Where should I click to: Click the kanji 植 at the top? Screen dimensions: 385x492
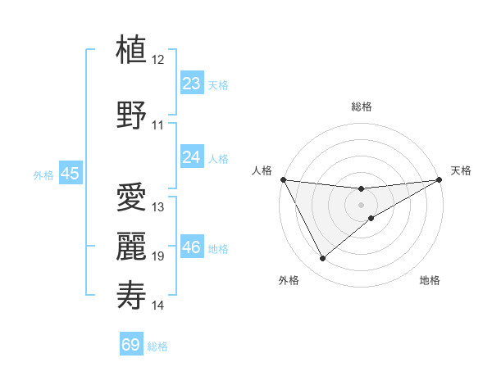(132, 49)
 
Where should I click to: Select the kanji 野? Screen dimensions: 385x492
(132, 114)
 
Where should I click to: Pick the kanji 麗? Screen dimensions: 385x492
(132, 245)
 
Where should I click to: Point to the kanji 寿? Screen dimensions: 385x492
(132, 294)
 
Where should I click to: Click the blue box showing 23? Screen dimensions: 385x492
(191, 83)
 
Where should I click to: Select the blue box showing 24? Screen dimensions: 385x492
(191, 156)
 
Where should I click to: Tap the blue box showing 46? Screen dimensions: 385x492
(191, 247)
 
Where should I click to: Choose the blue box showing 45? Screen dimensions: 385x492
(70, 173)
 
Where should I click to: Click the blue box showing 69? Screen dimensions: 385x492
(131, 345)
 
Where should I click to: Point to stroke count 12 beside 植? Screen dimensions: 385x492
(158, 60)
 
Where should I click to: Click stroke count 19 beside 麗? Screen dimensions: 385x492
(158, 256)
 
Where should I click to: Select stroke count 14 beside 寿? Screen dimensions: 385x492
(158, 306)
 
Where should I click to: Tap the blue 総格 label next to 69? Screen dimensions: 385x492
(157, 346)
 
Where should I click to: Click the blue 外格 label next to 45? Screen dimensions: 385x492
(43, 174)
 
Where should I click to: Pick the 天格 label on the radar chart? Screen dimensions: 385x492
(461, 170)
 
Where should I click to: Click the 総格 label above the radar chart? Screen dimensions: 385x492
(361, 106)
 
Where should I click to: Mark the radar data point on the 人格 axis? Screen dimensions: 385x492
(283, 179)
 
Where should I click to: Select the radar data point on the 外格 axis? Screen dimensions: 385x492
(322, 258)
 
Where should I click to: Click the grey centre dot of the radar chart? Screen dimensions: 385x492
(361, 204)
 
